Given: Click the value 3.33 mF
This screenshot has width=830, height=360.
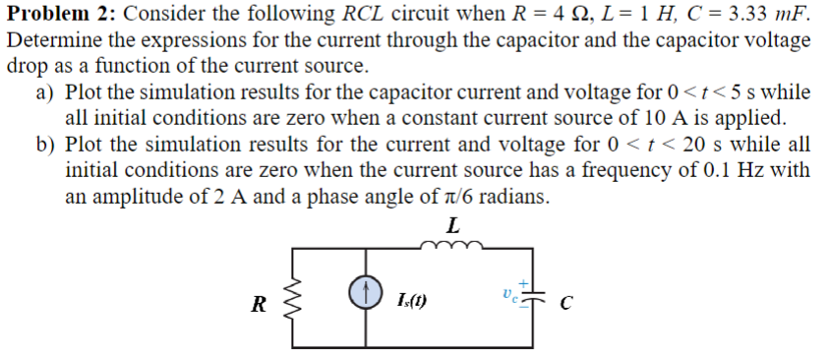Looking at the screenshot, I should pyautogui.click(x=765, y=15).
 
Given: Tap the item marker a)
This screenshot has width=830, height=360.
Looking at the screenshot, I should pyautogui.click(x=44, y=93).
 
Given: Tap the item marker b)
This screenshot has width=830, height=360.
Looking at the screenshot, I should pyautogui.click(x=45, y=145).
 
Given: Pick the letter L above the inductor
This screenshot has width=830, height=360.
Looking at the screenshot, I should pyautogui.click(x=452, y=227).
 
